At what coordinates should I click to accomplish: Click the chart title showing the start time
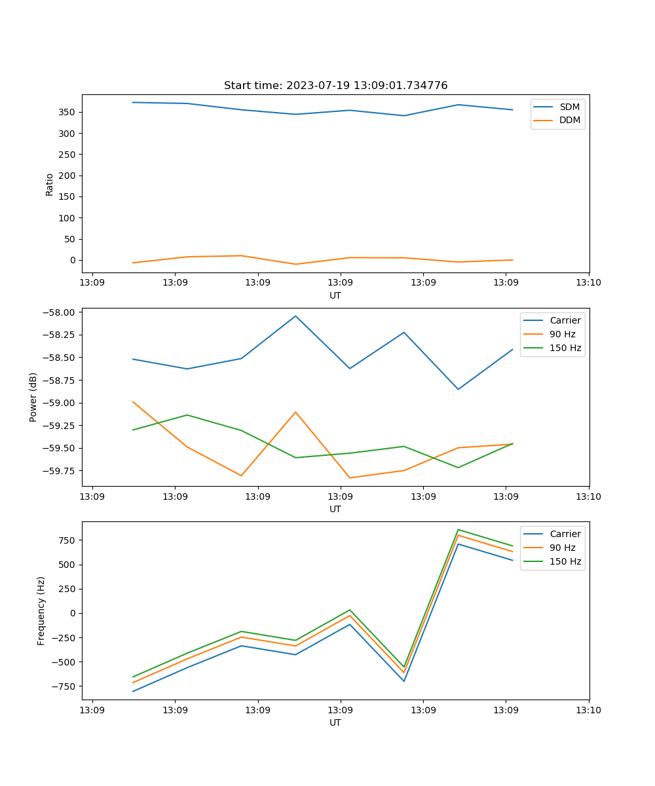pos(335,86)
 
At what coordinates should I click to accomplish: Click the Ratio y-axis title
pos(50,184)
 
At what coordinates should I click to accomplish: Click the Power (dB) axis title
pos(33,397)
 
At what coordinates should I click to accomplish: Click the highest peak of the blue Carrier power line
pos(295,316)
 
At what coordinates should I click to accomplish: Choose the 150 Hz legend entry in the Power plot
pos(565,348)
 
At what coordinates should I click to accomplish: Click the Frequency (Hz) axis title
pos(41,610)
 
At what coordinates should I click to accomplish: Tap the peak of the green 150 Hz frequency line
pos(458,530)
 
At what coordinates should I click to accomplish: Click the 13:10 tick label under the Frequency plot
pos(588,709)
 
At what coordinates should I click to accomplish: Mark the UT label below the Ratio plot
pos(335,295)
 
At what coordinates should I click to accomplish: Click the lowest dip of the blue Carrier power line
pos(458,389)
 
